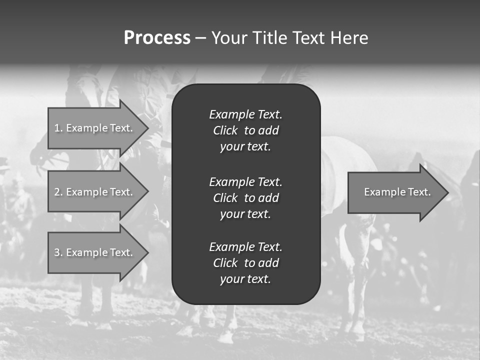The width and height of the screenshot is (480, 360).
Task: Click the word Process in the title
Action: [157, 38]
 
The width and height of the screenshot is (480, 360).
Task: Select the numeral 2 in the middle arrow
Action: [57, 192]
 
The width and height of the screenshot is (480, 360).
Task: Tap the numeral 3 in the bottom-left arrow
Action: [57, 252]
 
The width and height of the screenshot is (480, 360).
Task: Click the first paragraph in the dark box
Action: [245, 130]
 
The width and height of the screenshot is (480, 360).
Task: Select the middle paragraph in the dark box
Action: [245, 198]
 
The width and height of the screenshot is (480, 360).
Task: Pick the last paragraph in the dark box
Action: [245, 263]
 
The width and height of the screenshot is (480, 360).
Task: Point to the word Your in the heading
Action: [229, 38]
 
